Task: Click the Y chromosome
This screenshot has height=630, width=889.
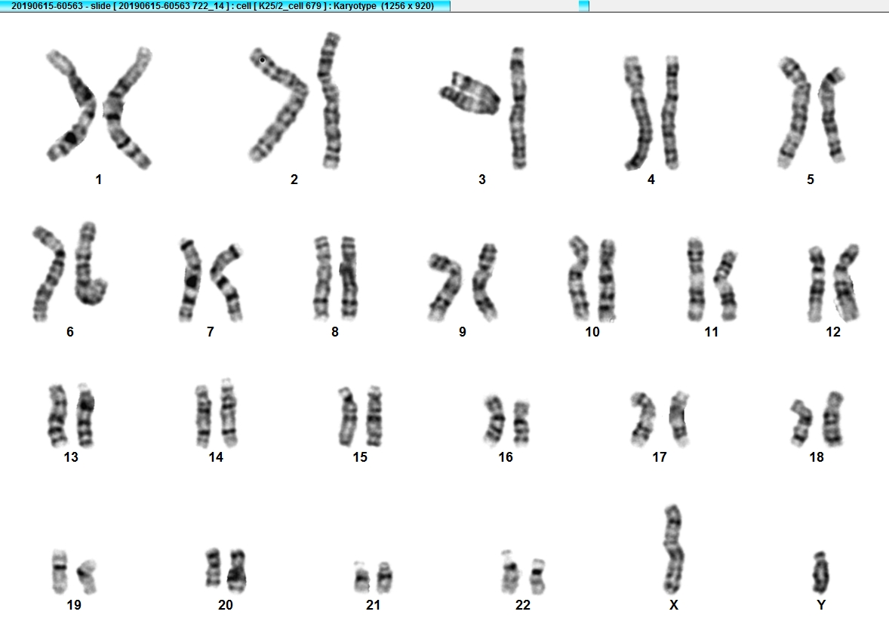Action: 820,572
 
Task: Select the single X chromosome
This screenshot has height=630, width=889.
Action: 673,549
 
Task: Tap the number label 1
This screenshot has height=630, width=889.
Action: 99,180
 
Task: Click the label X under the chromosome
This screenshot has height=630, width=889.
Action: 674,605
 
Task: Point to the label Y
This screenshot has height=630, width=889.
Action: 821,605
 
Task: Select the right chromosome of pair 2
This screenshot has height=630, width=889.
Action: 329,100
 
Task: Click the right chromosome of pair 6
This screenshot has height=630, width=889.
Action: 90,263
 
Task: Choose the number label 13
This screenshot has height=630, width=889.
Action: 71,457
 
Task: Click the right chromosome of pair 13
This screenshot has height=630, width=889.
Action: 85,416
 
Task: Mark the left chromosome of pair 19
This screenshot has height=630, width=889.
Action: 60,570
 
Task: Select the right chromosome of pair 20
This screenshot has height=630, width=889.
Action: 236,571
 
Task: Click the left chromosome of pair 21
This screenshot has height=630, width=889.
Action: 361,577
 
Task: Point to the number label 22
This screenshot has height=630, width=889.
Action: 523,605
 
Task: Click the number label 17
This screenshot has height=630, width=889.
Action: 660,457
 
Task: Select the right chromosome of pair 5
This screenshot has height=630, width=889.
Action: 832,115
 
